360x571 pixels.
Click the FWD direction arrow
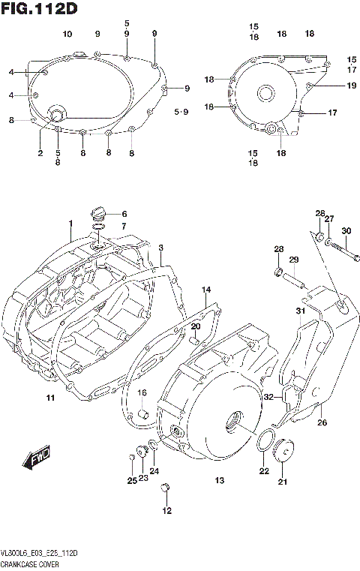[37, 458]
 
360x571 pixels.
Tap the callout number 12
[166, 511]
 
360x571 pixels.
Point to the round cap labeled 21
[284, 454]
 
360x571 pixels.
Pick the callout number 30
[346, 230]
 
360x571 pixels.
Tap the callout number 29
[294, 260]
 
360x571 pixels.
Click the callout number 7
[124, 226]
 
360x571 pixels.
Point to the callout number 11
[50, 397]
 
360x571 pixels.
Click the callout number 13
[220, 480]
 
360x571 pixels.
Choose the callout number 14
[206, 289]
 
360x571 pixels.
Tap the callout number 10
[67, 35]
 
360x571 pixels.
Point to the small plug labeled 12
[167, 488]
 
